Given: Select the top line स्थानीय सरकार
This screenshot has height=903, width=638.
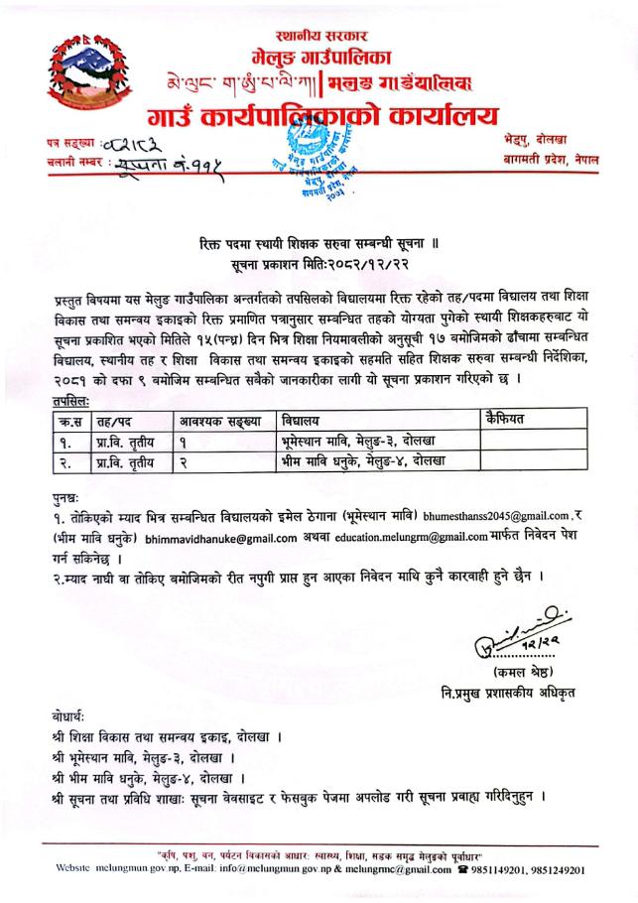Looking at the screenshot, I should tap(318, 36).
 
